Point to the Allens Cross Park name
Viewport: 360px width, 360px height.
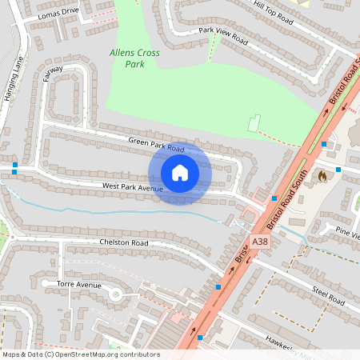pos(134,58)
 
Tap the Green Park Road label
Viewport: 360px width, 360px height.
pos(156,145)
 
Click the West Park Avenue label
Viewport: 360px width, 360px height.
pos(132,187)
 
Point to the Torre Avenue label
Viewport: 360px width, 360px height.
pos(79,285)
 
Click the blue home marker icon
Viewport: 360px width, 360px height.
pos(179,173)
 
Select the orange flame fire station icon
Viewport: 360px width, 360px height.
pos(322,175)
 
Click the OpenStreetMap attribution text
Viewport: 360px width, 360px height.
pos(81,354)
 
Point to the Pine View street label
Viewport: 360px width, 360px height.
pos(348,232)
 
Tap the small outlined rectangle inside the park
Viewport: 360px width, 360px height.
pos(255,124)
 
